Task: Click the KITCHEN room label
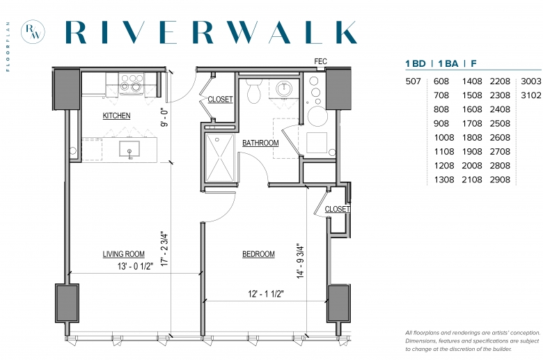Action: (116, 116)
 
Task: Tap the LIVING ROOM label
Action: (123, 254)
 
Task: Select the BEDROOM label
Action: (258, 254)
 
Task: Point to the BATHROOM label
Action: (260, 143)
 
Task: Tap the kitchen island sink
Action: (129, 149)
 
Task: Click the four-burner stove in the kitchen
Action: (132, 82)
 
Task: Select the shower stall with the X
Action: (220, 157)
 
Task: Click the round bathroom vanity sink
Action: (284, 89)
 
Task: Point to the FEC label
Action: (320, 61)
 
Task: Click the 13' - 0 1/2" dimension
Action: (136, 266)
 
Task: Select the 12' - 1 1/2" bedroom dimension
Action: (266, 294)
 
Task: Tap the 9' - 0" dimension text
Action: (164, 117)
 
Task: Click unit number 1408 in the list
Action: (472, 81)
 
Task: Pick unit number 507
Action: (413, 81)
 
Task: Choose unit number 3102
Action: (531, 95)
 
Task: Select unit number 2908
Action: (500, 180)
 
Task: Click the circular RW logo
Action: (33, 32)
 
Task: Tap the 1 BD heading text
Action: (416, 64)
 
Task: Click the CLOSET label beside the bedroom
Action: (338, 209)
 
